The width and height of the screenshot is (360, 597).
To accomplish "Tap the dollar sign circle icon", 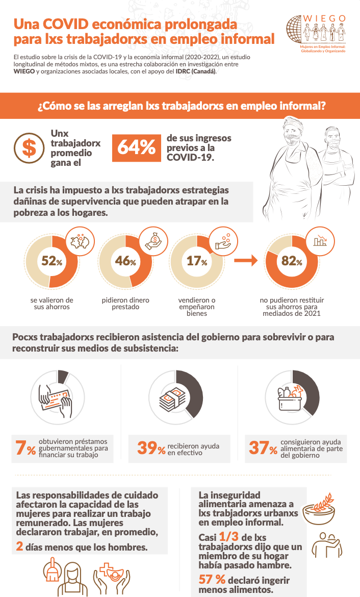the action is [29, 148].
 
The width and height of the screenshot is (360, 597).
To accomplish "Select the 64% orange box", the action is [136, 148].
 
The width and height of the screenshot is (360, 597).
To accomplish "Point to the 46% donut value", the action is [125, 261].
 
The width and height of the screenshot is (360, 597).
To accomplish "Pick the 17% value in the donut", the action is [197, 261].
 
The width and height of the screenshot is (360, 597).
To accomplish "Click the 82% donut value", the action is [292, 261].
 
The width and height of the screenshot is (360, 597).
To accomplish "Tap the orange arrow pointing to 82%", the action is [246, 260].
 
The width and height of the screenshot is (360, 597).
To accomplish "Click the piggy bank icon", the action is [80, 241].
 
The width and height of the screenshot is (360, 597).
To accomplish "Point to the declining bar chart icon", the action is [320, 241].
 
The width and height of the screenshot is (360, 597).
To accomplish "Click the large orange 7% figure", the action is [25, 448].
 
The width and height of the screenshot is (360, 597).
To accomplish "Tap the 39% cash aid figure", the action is [151, 448].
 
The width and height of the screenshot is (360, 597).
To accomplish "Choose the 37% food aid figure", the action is [263, 448].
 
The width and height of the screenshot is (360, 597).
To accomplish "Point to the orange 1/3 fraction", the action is [229, 537].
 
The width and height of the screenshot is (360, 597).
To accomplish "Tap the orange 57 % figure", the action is [212, 580].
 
